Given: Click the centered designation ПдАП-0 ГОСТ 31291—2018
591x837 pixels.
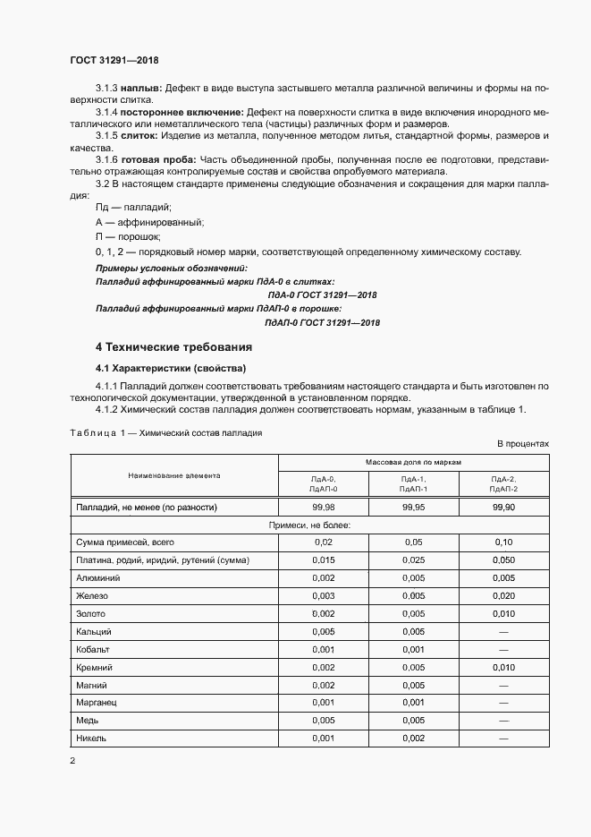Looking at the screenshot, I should [x=323, y=322].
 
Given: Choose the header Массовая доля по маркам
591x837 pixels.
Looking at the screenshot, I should [x=413, y=461].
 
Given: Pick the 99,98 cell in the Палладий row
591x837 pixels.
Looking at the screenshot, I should [x=324, y=508].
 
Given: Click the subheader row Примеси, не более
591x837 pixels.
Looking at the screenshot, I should [x=310, y=525].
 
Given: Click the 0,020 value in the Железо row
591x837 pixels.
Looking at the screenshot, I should [x=503, y=595].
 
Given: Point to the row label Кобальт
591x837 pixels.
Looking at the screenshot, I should [x=95, y=649].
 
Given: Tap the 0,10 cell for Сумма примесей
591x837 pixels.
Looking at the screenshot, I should [x=503, y=542].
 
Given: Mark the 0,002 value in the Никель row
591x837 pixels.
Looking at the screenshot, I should [x=413, y=739].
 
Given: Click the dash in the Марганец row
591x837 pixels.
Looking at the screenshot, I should [x=503, y=703].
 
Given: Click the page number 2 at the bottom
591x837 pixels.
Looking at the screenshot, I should [x=72, y=761].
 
